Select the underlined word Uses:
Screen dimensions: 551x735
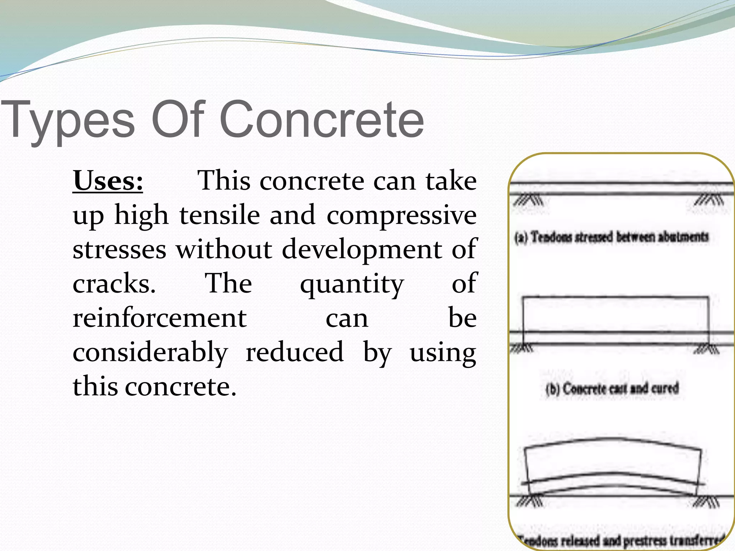point(108,181)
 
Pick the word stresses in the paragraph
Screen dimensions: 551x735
point(120,249)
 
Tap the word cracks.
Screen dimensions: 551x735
point(114,283)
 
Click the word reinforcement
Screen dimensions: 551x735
point(159,318)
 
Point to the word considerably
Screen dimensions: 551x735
point(150,353)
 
